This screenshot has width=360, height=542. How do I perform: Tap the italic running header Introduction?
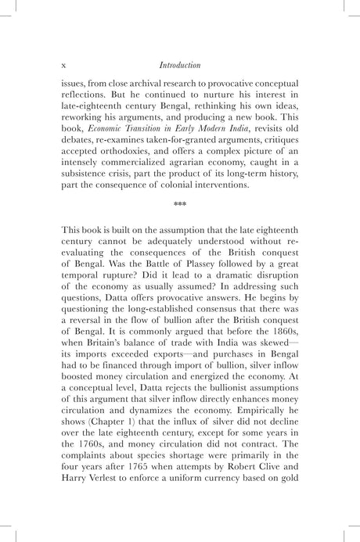pyautogui.click(x=179, y=66)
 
